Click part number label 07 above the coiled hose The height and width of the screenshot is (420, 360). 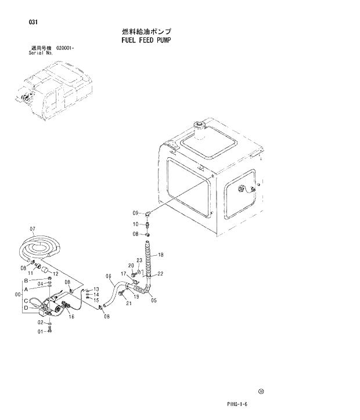click(x=33, y=229)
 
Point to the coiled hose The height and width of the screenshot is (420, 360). click(x=41, y=247)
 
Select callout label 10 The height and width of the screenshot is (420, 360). click(x=135, y=224)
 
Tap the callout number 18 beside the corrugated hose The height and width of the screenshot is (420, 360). click(x=161, y=255)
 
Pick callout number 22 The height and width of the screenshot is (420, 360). click(x=160, y=274)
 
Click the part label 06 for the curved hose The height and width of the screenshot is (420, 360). click(x=109, y=276)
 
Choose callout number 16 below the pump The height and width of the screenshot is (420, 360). click(x=71, y=317)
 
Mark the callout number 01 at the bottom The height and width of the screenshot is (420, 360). click(x=41, y=331)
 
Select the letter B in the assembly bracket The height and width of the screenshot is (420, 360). click(x=26, y=281)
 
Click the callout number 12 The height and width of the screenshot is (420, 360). click(x=56, y=274)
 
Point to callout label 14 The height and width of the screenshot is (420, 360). click(x=96, y=294)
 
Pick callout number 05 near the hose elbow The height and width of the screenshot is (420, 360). click(x=153, y=300)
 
